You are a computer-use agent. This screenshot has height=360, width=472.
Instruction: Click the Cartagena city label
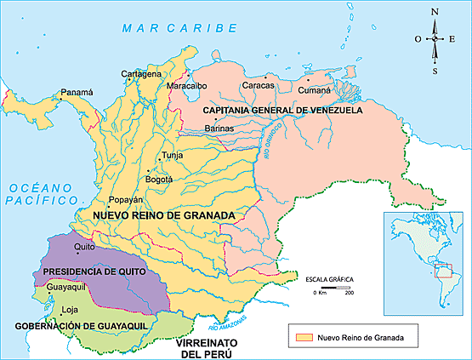140,74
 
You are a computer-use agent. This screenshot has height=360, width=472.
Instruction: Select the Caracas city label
258,86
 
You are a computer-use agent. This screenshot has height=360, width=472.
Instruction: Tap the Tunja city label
173,156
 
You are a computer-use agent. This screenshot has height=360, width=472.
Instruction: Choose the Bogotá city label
159,180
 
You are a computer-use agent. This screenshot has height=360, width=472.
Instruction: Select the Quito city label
83,247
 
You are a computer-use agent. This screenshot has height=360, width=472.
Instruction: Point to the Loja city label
57,311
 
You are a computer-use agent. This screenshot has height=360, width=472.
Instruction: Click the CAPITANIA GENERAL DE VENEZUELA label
282,111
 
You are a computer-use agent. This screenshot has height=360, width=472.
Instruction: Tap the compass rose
435,39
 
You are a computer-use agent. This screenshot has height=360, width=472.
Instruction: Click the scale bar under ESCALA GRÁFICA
333,289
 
